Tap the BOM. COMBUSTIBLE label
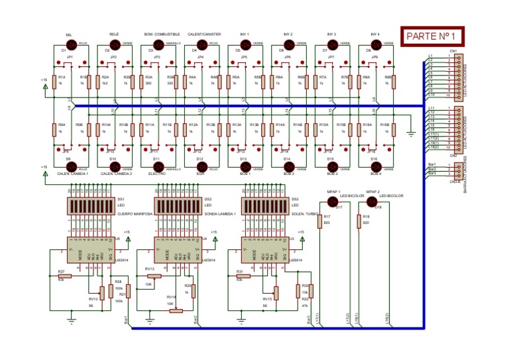[159, 34]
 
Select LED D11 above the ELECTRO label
[159, 167]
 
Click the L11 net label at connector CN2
[431, 107]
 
